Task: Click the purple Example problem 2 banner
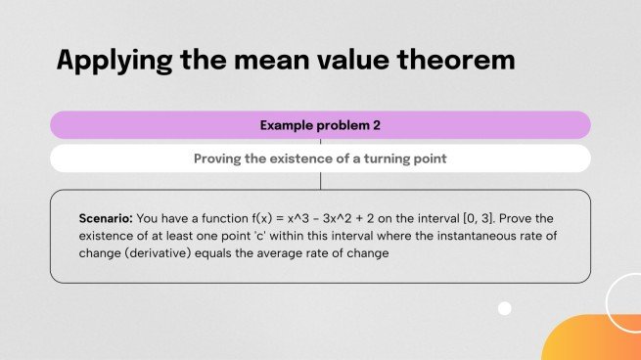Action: click(320, 125)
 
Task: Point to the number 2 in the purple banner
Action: click(376, 125)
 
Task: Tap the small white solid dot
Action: click(505, 308)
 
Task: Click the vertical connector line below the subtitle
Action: click(321, 181)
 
